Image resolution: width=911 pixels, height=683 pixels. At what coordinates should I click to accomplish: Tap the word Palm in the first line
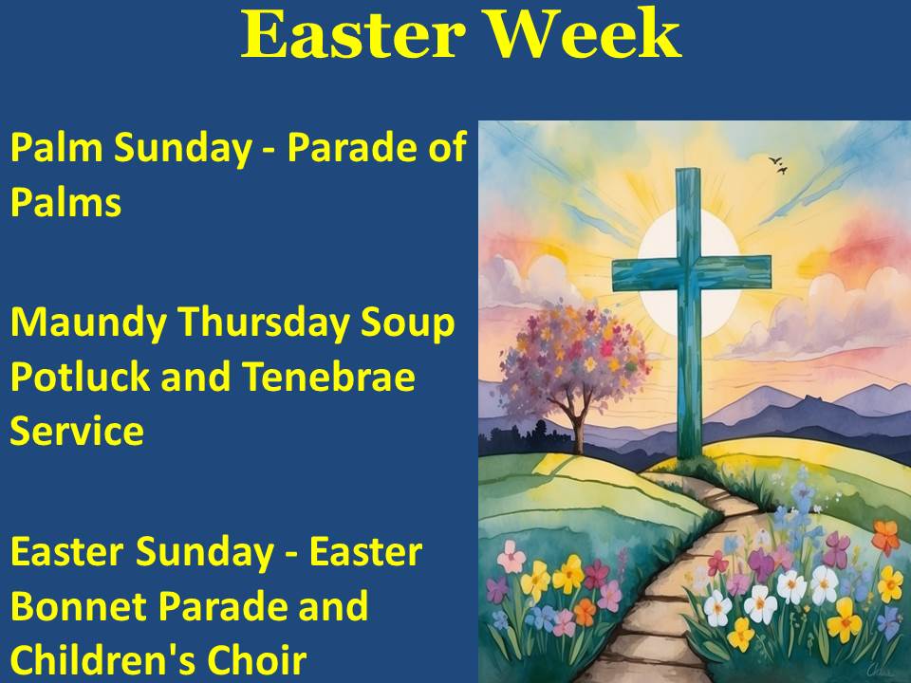pyautogui.click(x=56, y=148)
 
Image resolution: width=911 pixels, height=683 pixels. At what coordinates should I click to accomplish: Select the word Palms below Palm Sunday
pyautogui.click(x=65, y=202)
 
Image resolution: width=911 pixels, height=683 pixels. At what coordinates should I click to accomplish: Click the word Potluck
pyautogui.click(x=80, y=376)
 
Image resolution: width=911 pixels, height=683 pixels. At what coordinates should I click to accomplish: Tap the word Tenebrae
pyautogui.click(x=328, y=376)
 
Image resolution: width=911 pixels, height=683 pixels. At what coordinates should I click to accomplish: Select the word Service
pyautogui.click(x=77, y=431)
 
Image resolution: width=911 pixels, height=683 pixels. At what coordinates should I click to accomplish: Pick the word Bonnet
pyautogui.click(x=79, y=606)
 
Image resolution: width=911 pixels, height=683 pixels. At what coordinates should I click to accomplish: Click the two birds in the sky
pyautogui.click(x=778, y=165)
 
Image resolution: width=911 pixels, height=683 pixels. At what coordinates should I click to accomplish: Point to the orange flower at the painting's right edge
pyautogui.click(x=885, y=536)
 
